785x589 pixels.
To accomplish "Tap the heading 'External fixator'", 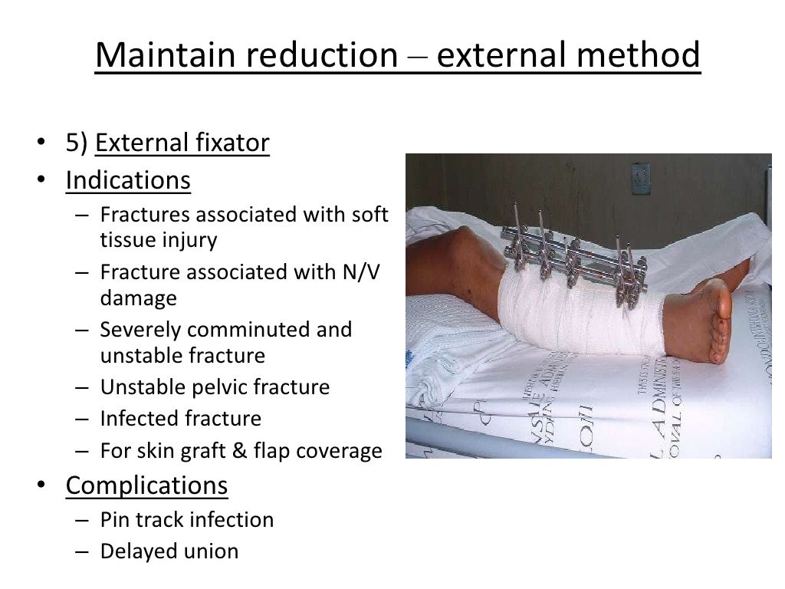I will point(182,143).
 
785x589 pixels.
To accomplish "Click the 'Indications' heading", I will point(128,180).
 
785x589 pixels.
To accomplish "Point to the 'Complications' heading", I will point(146,485).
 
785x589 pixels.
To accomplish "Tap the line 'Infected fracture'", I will point(181,419).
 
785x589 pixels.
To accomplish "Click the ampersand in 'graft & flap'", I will point(241,451).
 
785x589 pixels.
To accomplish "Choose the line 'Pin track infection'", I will point(187,520).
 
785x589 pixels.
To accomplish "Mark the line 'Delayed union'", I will point(169,551).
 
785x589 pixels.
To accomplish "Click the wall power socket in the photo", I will point(641,178).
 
